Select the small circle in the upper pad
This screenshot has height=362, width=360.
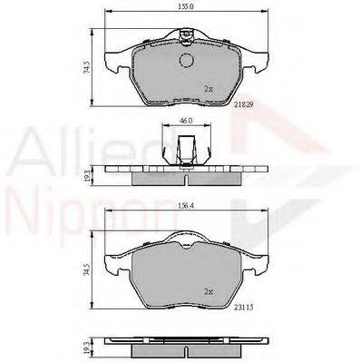click(188, 62)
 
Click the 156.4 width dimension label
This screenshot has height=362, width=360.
click(185, 205)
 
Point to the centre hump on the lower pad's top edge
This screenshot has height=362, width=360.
click(186, 239)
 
